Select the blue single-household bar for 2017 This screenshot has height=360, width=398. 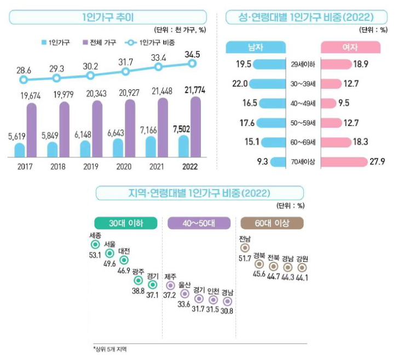click(x=19, y=150)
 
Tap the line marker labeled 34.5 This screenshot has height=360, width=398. click(x=192, y=64)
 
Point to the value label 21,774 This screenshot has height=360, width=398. click(x=195, y=90)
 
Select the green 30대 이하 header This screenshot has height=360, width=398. click(x=126, y=222)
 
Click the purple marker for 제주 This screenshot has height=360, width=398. click(x=170, y=285)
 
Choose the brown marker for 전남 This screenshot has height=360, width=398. click(x=245, y=248)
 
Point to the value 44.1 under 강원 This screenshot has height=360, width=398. click(x=302, y=278)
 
